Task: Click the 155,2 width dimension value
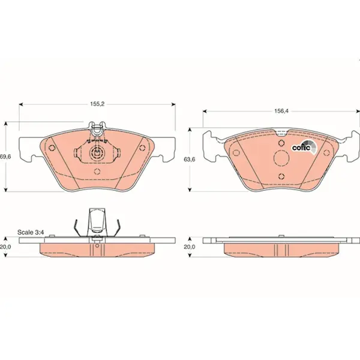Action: [x=97, y=104]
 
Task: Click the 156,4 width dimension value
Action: [x=281, y=111]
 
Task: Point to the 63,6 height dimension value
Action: [x=189, y=159]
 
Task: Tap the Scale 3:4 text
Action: [x=31, y=232]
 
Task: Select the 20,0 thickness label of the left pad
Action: [x=5, y=247]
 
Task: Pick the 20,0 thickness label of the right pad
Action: [x=189, y=247]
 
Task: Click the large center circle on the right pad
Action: [x=281, y=158]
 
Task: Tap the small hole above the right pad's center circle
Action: [x=281, y=143]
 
